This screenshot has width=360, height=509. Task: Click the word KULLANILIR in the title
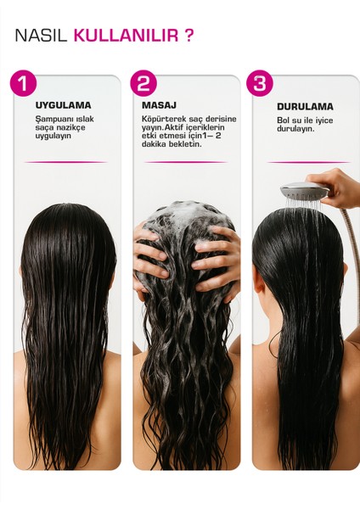[x=126, y=36]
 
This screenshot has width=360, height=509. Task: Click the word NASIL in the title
[x=42, y=36]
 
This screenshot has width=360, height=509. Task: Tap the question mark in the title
[x=188, y=36]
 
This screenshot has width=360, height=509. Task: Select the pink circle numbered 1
[x=24, y=84]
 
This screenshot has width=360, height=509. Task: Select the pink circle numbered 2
[x=144, y=84]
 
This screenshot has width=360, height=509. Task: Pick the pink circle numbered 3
[x=260, y=84]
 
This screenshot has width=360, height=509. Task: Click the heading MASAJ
[x=159, y=105]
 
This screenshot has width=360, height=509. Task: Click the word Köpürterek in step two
[x=164, y=118]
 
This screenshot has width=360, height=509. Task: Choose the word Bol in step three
[x=283, y=120]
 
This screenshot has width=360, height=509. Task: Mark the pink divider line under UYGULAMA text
[x=65, y=162]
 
